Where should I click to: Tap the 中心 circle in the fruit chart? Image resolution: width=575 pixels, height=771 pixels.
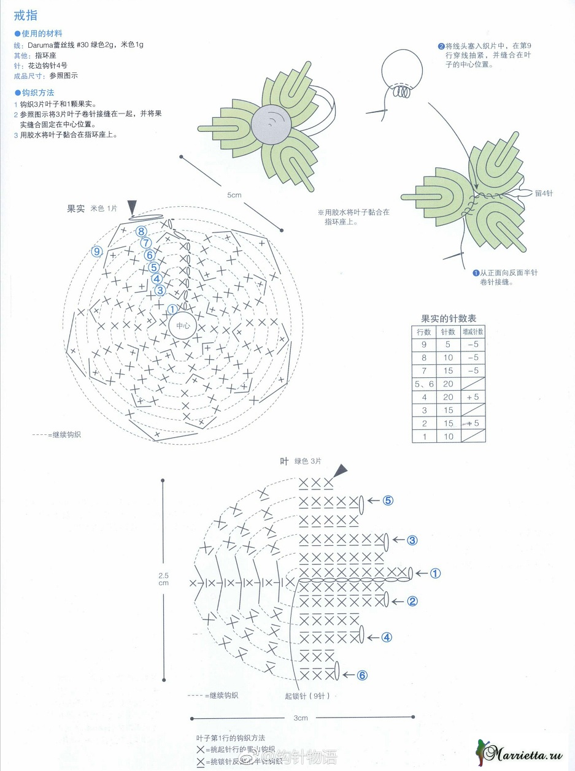coord(183,326)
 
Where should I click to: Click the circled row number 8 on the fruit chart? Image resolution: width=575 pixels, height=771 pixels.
coord(142,231)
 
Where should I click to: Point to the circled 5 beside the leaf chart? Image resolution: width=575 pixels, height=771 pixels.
coord(387,500)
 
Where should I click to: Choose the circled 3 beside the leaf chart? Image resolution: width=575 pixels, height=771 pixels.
coord(412,540)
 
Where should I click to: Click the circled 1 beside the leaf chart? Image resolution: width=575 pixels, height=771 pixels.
coord(435,573)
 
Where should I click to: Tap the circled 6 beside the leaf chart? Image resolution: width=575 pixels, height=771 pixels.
coord(362,675)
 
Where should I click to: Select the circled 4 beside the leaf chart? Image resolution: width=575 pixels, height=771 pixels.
coord(387,637)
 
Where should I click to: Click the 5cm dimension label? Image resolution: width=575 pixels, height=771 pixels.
coord(234,195)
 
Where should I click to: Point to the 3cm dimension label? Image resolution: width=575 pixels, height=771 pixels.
coord(300,718)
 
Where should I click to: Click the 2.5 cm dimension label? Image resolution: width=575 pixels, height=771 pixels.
coord(163,579)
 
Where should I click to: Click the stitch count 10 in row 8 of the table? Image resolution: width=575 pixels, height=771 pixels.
coord(449,358)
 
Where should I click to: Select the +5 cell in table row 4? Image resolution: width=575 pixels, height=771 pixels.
coord(473,397)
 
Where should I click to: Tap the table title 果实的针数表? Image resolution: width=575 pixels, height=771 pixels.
coord(448,318)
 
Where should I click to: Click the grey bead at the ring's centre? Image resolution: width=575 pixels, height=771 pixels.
coord(272,123)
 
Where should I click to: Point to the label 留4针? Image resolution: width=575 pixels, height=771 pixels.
coord(544,193)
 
